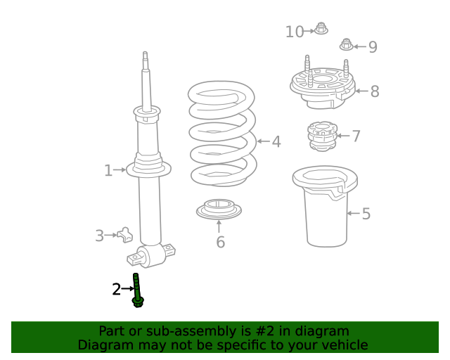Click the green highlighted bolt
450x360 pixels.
coord(137,290)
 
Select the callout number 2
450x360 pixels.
coord(116,288)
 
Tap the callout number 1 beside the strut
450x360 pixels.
coord(108,170)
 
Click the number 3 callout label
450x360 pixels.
coord(100,236)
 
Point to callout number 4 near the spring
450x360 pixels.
coord(276,141)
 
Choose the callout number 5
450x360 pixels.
coord(366,214)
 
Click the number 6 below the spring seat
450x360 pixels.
coord(220,243)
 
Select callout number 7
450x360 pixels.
coord(356,136)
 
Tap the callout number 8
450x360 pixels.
coord(375,91)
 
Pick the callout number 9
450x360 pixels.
coord(373,47)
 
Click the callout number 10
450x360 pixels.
coord(295,32)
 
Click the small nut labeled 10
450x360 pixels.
coord(321,30)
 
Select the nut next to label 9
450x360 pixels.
coord(346,45)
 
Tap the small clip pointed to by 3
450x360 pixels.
coord(125,235)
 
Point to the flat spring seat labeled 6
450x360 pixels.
coord(219,210)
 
